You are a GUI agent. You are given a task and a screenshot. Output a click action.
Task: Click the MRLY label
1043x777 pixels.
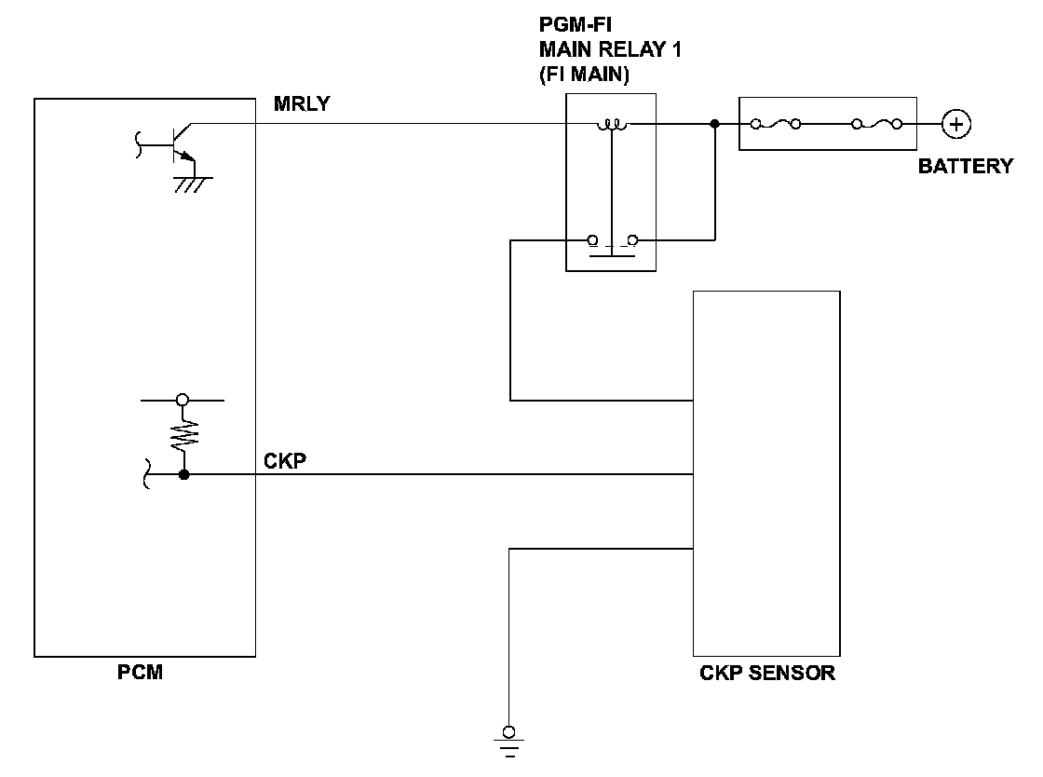coord(302,103)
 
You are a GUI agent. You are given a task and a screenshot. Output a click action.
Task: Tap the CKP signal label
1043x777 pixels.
coord(285,461)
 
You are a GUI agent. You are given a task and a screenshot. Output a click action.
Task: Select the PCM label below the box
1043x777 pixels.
coord(141,672)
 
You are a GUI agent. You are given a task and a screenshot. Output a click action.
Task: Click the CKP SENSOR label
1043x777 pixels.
coord(767,673)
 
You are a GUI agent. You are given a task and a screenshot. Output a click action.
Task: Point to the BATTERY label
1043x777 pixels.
coord(966,166)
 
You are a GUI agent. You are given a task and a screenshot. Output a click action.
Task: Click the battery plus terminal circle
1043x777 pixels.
coord(955,125)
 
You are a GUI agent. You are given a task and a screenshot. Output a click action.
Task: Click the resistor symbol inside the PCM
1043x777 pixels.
coord(184,436)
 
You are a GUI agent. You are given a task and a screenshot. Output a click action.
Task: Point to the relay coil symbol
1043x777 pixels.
coord(611,125)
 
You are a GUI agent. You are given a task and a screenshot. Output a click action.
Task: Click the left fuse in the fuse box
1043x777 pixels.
coord(776,124)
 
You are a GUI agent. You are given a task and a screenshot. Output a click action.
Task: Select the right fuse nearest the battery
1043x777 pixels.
coord(877,124)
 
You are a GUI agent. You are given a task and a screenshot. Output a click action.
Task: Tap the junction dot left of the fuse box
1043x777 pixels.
coord(715,124)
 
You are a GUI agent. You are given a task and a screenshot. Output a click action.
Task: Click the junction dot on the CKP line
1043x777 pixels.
coord(184,474)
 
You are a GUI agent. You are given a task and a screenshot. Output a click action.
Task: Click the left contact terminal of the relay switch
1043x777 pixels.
coord(592,240)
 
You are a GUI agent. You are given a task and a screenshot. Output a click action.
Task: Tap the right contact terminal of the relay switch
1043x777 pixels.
coord(632,240)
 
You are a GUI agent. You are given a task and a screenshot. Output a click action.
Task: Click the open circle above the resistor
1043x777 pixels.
coord(183,400)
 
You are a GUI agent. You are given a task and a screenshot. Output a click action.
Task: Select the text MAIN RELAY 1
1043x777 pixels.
coord(610,49)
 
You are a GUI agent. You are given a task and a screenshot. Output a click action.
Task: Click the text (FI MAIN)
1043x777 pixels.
coord(584,74)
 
